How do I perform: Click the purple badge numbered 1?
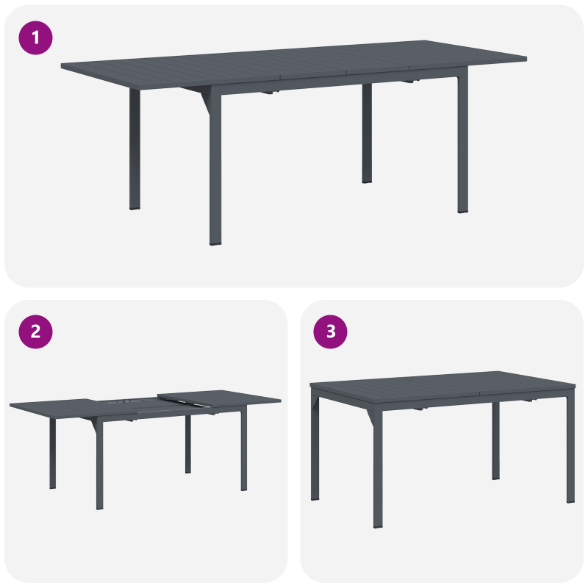coord(35,37)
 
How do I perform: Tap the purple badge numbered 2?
coord(35,331)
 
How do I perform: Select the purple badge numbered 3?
coord(330,331)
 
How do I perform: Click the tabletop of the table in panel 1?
coord(294,59)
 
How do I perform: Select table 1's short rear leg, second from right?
coord(367,136)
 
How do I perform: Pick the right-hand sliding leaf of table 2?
coord(220,399)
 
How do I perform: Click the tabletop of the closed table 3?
coord(441,384)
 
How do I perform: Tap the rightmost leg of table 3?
coord(570,448)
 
